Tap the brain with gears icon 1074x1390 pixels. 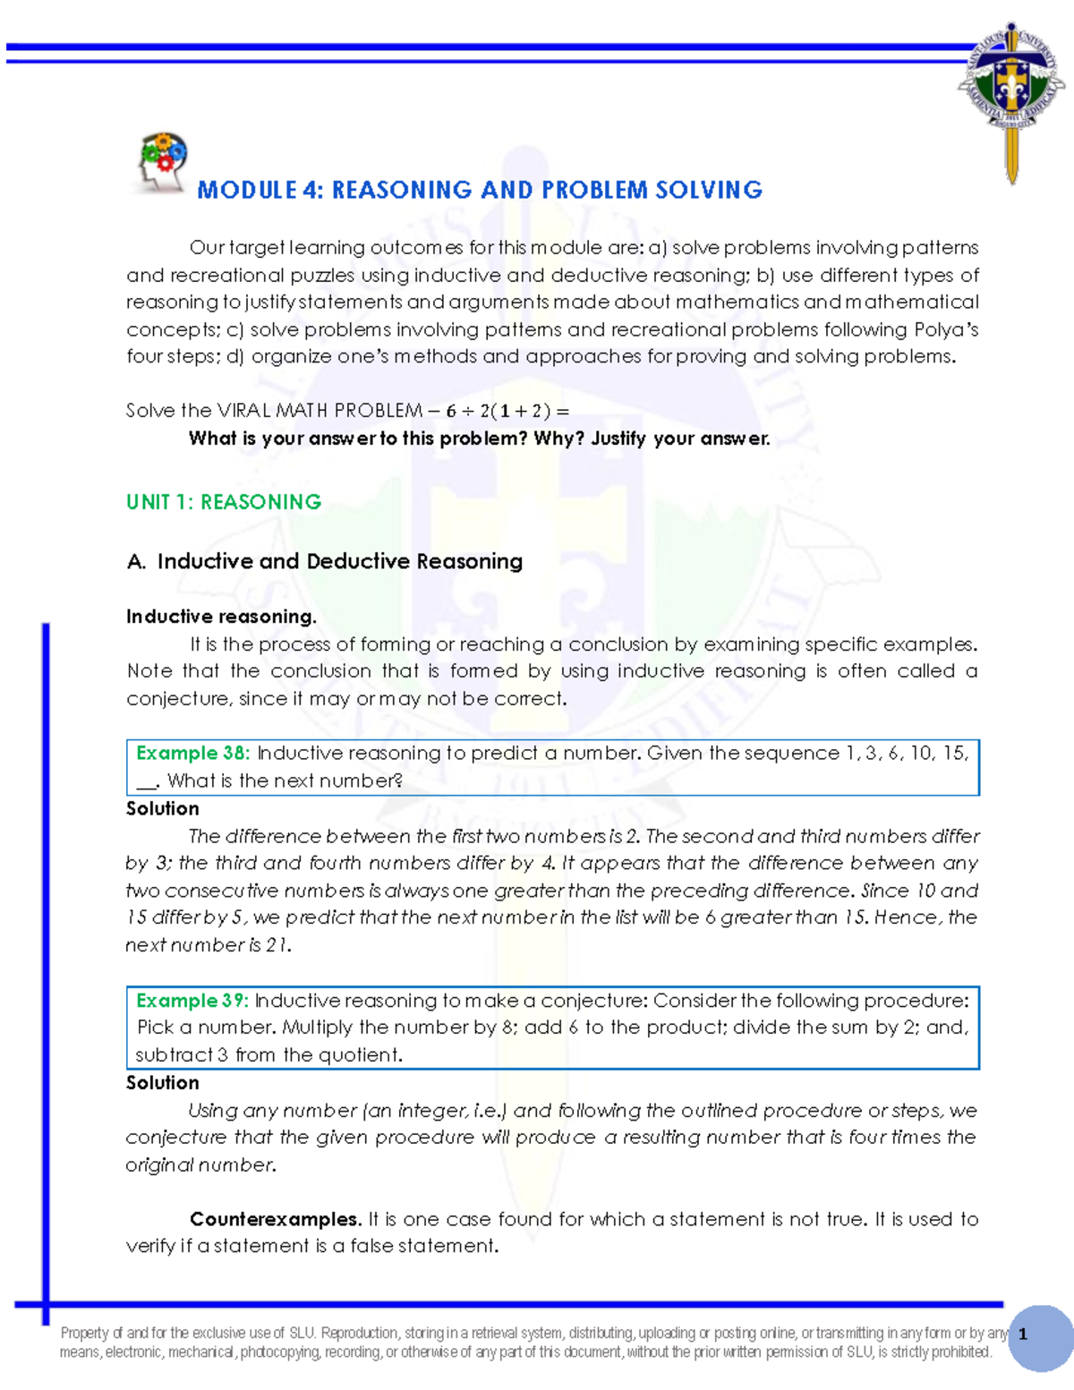coord(161,161)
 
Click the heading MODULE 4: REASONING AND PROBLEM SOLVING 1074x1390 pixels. coord(480,190)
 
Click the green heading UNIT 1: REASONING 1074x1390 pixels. coord(224,502)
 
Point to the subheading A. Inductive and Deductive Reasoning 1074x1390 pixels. coord(325,561)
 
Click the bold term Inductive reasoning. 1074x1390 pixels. coord(221,617)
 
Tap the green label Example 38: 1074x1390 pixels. coord(192,754)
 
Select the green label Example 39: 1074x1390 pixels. coord(192,1001)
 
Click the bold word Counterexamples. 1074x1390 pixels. coord(276,1219)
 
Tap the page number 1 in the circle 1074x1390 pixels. coord(1023,1335)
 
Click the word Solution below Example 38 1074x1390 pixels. coord(163,809)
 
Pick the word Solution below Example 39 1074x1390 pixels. coord(163,1083)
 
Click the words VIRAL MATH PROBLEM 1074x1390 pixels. coord(320,411)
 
